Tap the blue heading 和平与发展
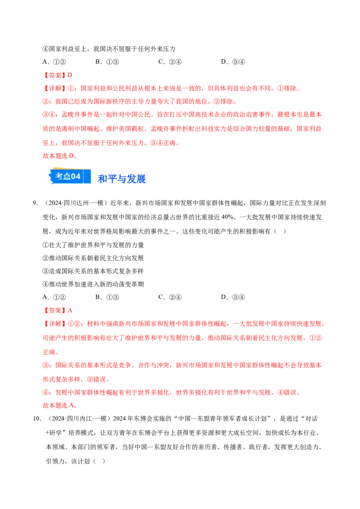(x=122, y=179)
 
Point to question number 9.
(x=36, y=203)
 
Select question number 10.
(x=37, y=419)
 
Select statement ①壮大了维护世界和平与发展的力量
(x=93, y=245)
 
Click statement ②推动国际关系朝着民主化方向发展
(x=93, y=258)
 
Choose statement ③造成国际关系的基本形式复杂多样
(x=93, y=271)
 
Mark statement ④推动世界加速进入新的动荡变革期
(x=93, y=284)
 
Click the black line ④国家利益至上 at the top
(x=109, y=49)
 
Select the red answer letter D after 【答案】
(x=70, y=75)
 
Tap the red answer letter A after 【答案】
(x=70, y=311)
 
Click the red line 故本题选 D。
(x=60, y=156)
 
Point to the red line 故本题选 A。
(x=60, y=406)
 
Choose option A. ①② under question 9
(x=54, y=297)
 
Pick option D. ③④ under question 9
(x=233, y=297)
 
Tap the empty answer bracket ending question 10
(x=99, y=461)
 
